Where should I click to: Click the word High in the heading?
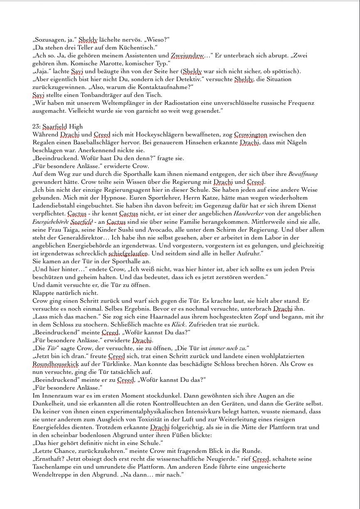[x=76, y=126]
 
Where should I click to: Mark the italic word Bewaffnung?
[x=303, y=174]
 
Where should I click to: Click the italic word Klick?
[x=178, y=324]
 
